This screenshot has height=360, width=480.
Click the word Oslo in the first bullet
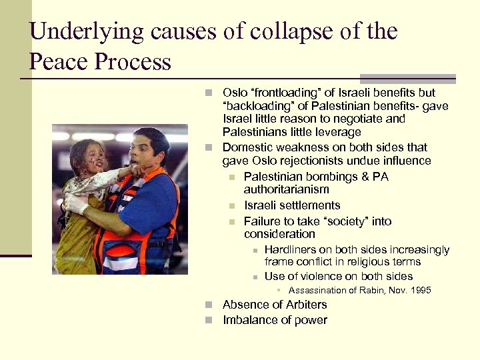point(235,93)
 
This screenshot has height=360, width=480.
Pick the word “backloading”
point(260,106)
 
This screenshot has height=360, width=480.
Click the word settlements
point(308,205)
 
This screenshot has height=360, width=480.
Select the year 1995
point(421,290)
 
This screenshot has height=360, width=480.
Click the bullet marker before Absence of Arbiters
point(209,305)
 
